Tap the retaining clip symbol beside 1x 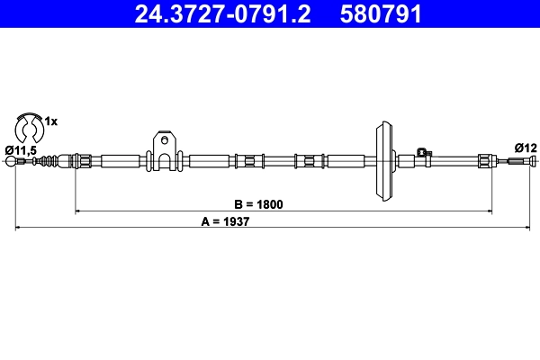click(28, 124)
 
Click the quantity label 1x click(51, 120)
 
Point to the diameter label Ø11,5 click(20, 149)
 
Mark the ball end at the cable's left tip click(12, 162)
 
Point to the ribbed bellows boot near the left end click(55, 161)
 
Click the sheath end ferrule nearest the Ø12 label click(485, 162)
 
